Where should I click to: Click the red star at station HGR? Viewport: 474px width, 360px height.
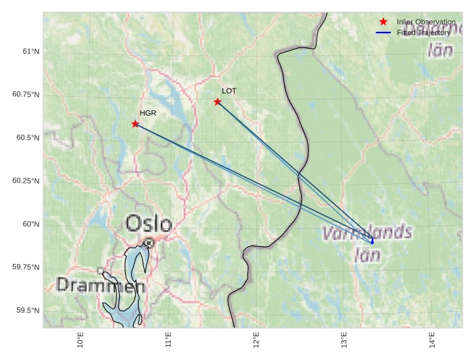coord(135,124)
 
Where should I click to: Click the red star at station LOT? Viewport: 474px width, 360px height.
coord(218,102)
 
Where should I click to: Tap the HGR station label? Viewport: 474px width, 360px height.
coord(148,113)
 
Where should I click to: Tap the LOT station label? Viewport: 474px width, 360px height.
coord(229,91)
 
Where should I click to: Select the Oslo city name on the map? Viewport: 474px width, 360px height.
coord(149,223)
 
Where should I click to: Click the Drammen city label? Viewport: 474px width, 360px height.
coord(101,286)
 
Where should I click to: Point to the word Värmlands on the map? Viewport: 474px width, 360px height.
coord(367,233)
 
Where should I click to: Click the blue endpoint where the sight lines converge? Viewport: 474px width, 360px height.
coord(372,242)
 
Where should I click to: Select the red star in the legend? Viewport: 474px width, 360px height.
coord(383,22)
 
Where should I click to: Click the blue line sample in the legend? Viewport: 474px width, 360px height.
coord(383,32)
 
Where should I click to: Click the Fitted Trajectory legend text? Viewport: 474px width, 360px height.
coord(423,32)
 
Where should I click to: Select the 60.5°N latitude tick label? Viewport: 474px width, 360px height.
coord(27,138)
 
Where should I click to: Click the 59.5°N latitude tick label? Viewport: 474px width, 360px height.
coord(27,311)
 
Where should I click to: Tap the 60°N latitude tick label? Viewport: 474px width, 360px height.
coord(30,224)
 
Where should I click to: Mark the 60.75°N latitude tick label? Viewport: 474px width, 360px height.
coord(26,95)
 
